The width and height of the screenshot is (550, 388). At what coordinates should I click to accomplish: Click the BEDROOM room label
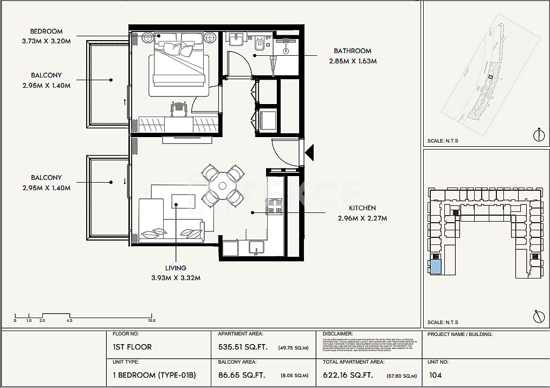46,31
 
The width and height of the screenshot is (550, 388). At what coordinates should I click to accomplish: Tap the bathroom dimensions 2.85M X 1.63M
353,61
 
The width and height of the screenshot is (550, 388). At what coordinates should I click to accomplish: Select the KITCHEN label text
363,208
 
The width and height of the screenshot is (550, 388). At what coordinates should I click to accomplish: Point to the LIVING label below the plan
176,268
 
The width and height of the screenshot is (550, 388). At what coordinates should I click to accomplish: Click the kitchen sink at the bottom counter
256,247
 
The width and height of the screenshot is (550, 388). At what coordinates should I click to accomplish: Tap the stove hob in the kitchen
274,206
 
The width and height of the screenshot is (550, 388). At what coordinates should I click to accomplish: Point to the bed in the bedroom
178,64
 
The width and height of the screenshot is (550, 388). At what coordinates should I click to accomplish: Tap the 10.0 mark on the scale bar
151,321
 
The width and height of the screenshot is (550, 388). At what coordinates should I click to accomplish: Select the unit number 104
435,375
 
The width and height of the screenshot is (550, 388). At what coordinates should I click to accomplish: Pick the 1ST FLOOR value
132,347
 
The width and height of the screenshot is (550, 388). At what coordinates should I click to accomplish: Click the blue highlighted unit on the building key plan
435,267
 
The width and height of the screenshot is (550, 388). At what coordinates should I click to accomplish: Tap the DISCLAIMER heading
338,334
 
